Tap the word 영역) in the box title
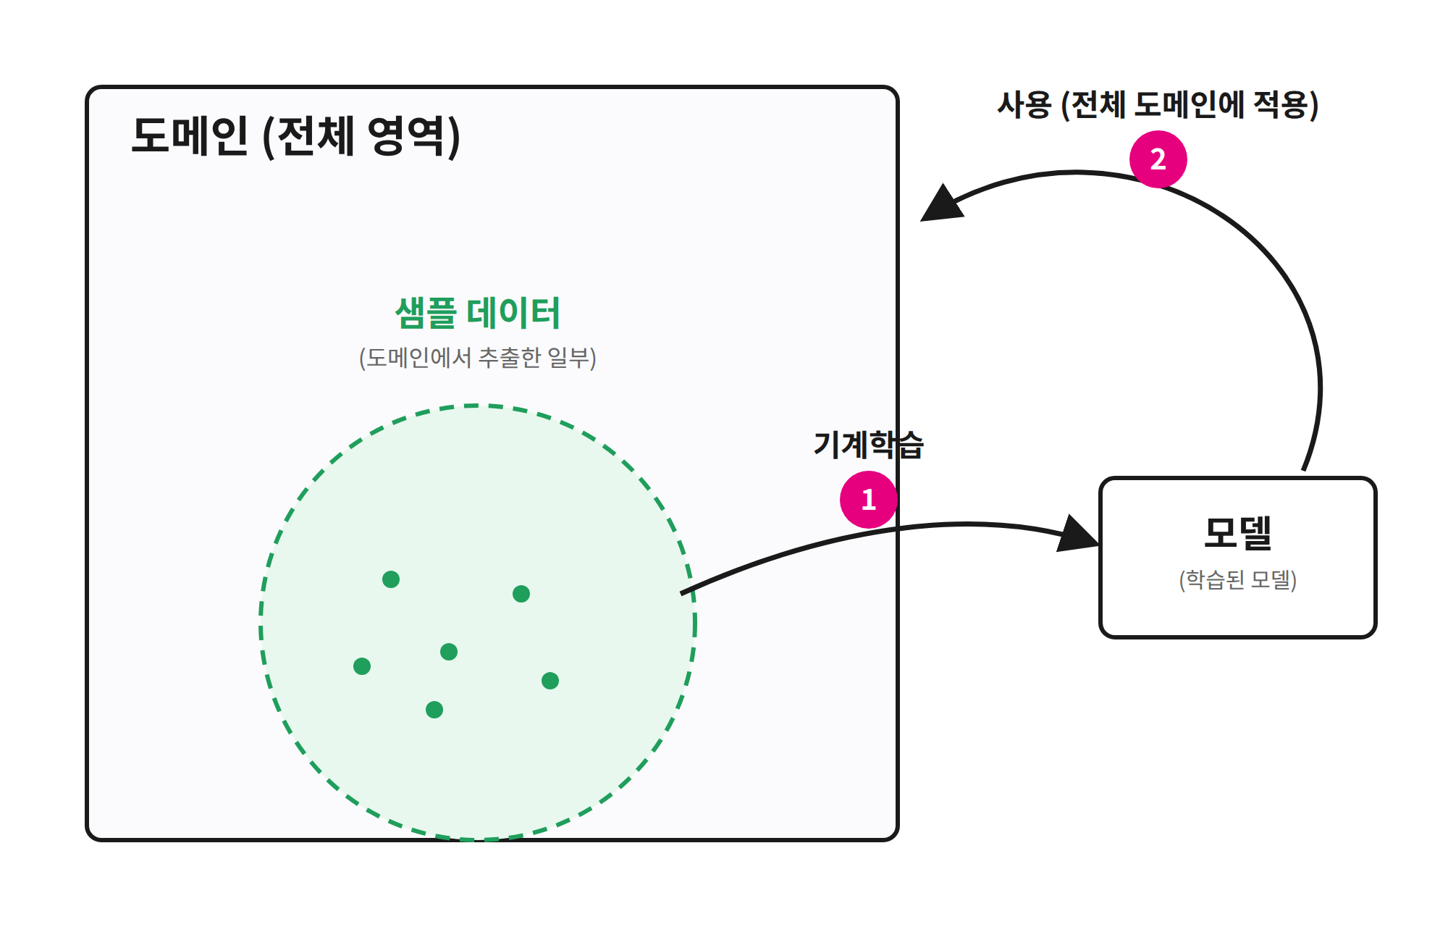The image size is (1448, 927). point(414,136)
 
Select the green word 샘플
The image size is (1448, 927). point(426,313)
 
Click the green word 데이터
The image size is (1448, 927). point(513,313)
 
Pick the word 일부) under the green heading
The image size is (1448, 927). point(572,357)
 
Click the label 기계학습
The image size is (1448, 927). point(869,444)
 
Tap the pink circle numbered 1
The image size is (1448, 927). point(869,500)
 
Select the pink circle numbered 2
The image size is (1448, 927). point(1158,159)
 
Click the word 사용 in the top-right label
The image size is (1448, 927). point(1024,104)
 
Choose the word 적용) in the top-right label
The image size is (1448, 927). point(1286,105)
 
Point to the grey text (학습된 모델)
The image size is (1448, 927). point(1238,579)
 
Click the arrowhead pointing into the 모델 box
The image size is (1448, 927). point(1079,534)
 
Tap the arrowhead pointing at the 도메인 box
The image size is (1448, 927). point(941,204)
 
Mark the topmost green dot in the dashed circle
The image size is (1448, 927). point(391,579)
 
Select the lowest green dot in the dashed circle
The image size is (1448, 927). point(434,710)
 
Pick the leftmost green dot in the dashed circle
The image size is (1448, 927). point(362,666)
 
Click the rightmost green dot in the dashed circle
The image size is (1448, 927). point(550,681)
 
